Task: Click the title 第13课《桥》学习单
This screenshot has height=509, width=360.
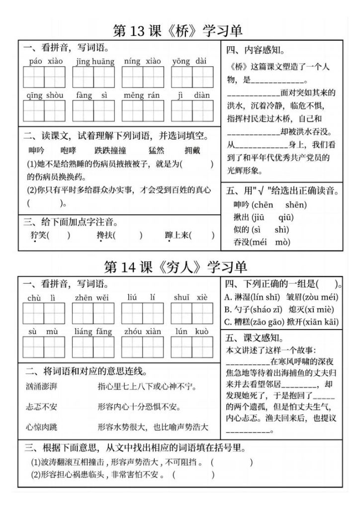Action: point(178,30)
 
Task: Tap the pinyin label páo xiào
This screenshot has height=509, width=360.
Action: point(43,62)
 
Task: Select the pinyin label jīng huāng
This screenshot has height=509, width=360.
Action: point(95,62)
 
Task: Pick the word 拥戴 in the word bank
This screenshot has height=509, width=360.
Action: point(192,150)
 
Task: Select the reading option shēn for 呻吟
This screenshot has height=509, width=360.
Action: point(296,205)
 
